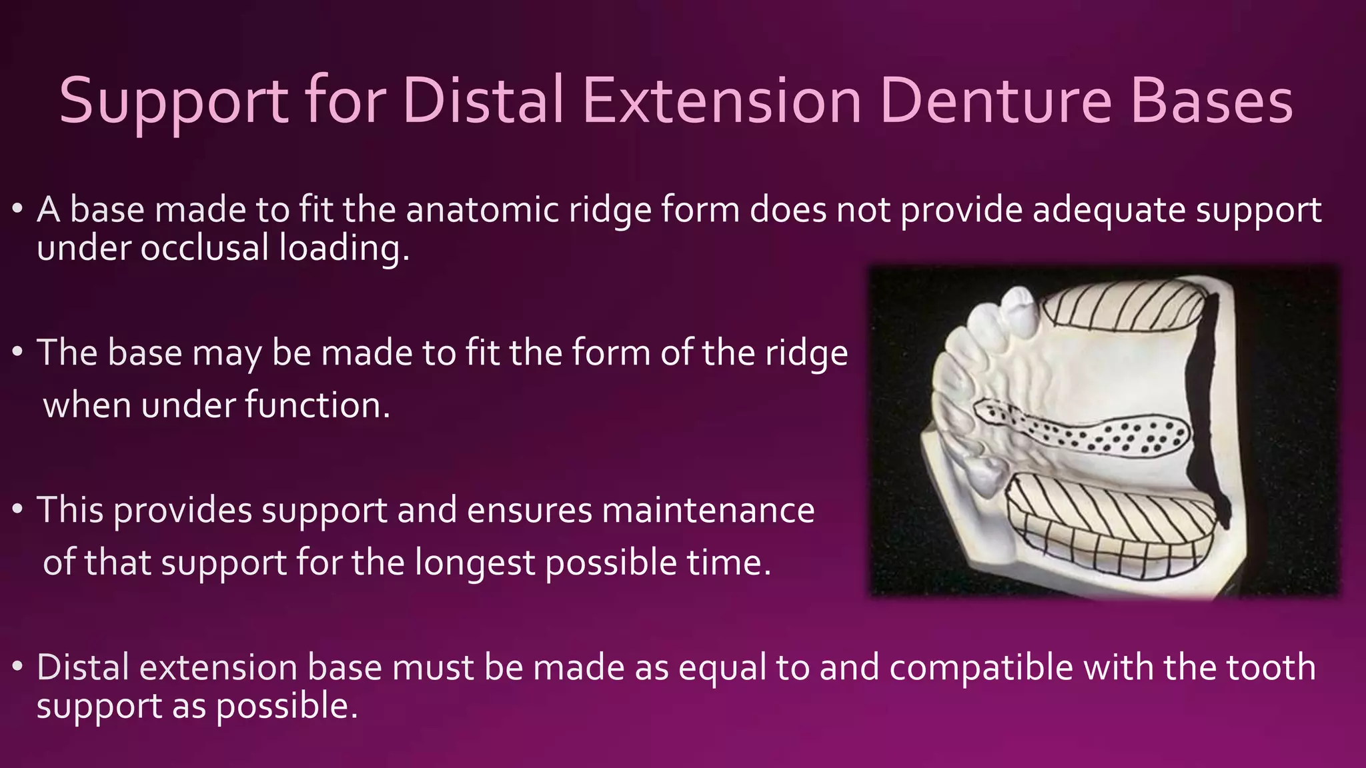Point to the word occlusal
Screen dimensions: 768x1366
click(204, 248)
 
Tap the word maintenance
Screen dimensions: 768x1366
click(708, 511)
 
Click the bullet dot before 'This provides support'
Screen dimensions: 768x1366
click(18, 511)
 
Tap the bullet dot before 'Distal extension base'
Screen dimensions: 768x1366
click(18, 667)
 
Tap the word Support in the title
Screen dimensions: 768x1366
click(174, 101)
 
